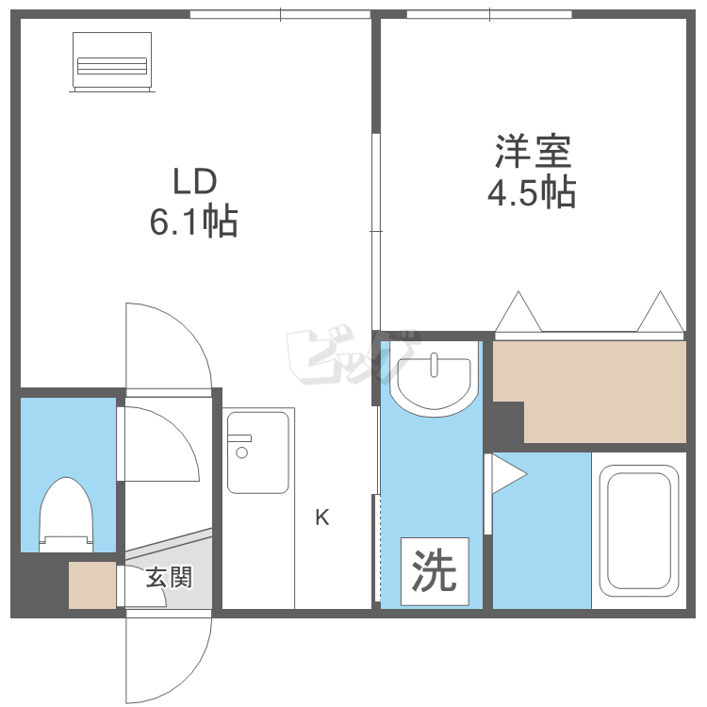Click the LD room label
pos(195,181)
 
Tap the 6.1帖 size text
pos(194,221)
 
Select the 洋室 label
pos(534,151)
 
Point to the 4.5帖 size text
pos(532,192)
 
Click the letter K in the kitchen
pos(322,518)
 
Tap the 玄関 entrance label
pos(169,577)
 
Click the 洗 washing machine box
pos(435,571)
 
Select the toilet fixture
pos(66,515)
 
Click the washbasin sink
pos(434,378)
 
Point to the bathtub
pos(639,531)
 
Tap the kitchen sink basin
pos(258,452)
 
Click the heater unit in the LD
pos(112,62)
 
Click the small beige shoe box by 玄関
pos(92,584)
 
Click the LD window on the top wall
pos(280,14)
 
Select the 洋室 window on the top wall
pos(489,14)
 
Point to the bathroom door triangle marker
pos(508,474)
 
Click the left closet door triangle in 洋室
pos(518,312)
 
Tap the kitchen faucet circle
pos(241,452)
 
